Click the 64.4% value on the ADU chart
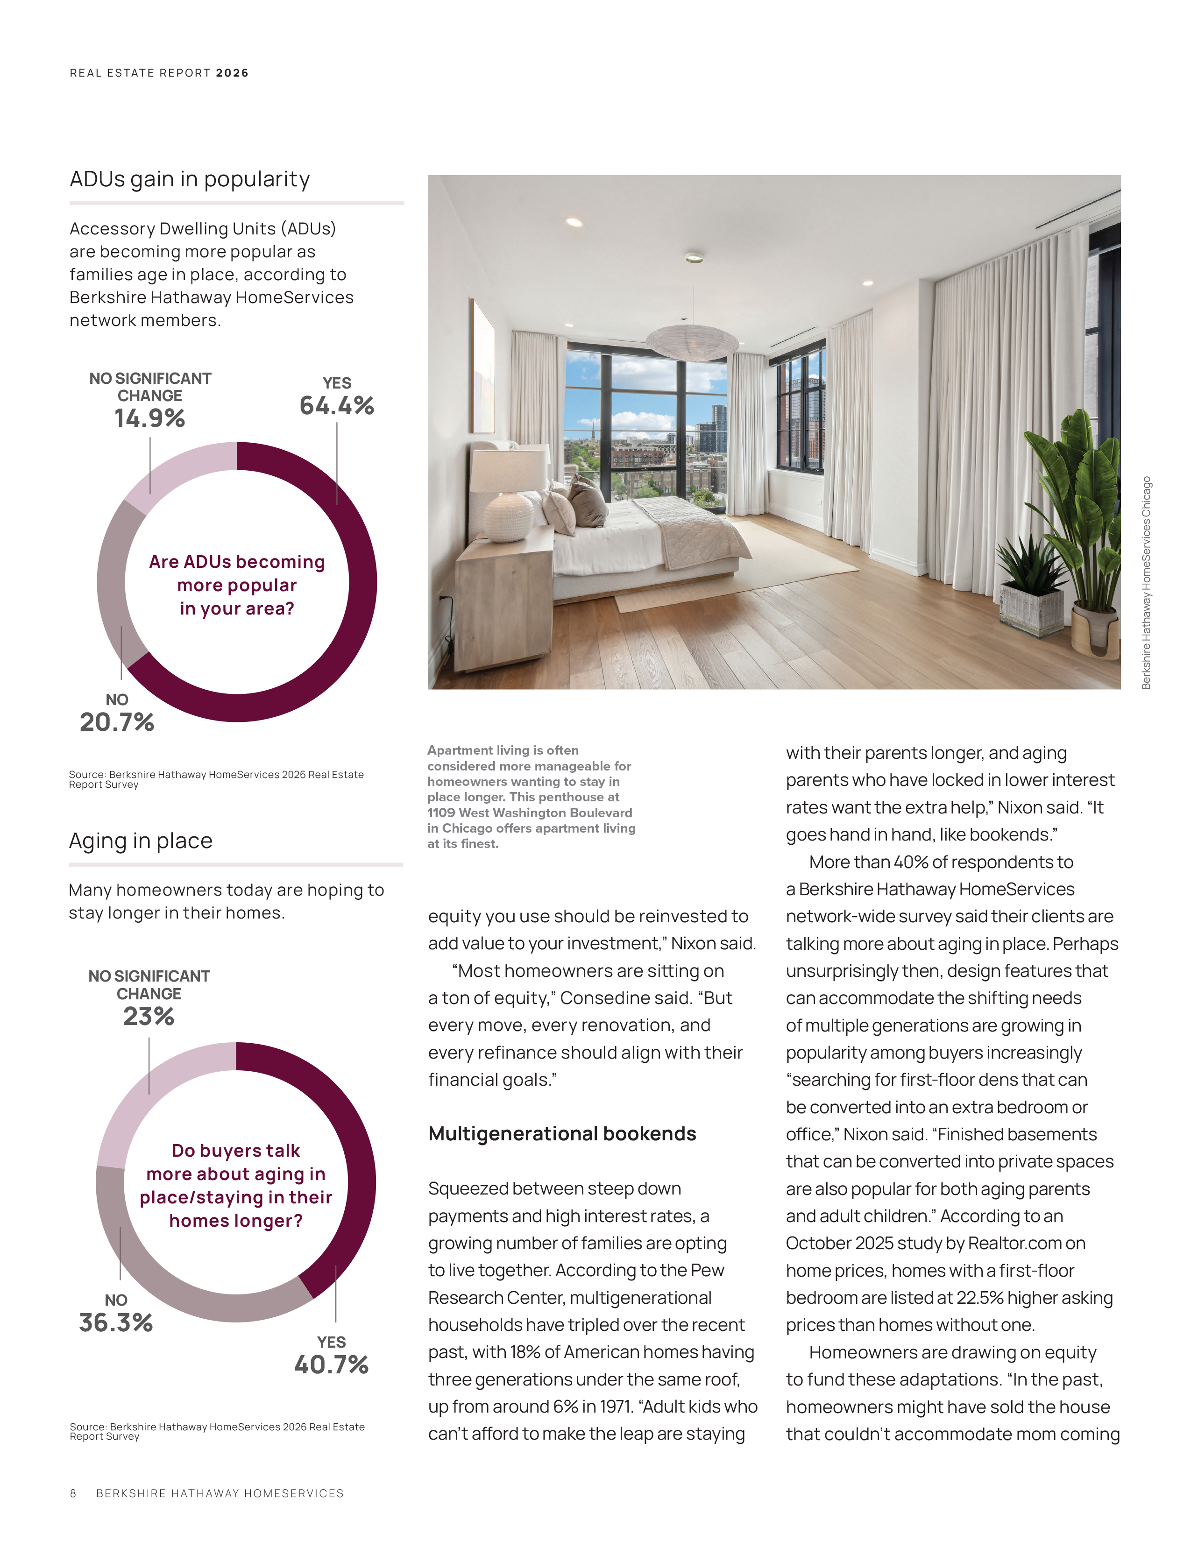click(x=337, y=406)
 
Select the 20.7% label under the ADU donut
click(x=117, y=722)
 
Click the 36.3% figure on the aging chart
click(x=116, y=1322)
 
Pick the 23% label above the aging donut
click(x=149, y=1016)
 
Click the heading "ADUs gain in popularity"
click(x=190, y=179)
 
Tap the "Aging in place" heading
click(x=141, y=841)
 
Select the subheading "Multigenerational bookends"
click(x=561, y=1133)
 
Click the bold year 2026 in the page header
click(x=232, y=73)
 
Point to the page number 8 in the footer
click(x=73, y=1493)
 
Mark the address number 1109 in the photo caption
click(x=441, y=813)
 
